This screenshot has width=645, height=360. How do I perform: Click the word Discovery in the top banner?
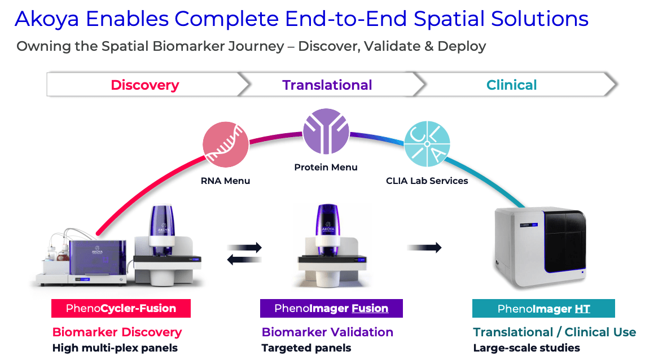click(144, 85)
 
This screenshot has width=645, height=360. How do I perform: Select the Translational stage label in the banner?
click(327, 85)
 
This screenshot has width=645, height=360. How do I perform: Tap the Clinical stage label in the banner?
click(511, 85)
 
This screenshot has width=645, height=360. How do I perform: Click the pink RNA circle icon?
click(226, 145)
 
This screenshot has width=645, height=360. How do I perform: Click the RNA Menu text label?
click(225, 181)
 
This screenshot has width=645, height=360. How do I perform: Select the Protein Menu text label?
click(326, 167)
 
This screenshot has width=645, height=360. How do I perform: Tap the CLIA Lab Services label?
click(427, 181)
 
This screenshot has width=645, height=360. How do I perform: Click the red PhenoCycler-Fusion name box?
click(121, 309)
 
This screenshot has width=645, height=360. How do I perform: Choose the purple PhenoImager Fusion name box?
click(331, 309)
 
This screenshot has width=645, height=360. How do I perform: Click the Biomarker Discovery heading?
click(117, 332)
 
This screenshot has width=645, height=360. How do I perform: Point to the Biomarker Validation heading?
click(327, 332)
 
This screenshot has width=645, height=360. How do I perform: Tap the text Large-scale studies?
click(526, 348)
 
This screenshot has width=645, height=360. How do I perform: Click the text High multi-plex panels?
click(115, 348)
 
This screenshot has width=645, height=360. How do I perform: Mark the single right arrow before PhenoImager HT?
click(424, 247)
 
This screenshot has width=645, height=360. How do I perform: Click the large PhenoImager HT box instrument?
click(539, 247)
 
